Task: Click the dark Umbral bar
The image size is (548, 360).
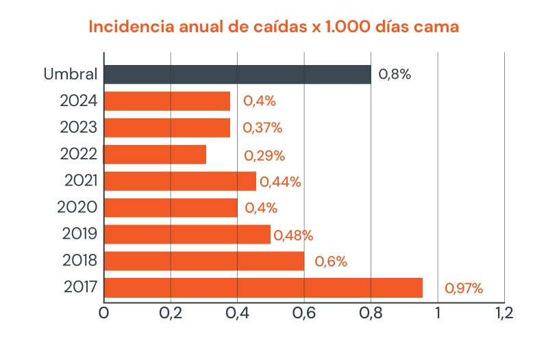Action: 237,75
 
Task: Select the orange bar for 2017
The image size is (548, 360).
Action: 263,287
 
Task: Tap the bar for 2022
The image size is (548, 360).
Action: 155,155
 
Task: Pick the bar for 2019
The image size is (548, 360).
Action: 187,234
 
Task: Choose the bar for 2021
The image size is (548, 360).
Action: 179,181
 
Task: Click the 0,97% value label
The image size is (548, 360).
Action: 464,289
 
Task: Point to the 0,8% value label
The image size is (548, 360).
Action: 395,75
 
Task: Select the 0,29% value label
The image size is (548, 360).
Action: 264,155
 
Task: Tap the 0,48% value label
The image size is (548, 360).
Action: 293,235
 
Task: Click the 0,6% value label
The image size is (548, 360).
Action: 331,261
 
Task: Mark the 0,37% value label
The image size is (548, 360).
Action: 262,128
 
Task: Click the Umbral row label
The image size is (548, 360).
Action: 71,75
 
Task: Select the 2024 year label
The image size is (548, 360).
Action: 79,101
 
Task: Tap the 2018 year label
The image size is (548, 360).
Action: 80,261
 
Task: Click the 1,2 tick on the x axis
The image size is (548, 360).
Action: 503,313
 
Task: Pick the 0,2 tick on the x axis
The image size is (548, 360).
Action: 170,313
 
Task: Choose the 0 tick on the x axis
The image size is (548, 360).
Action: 104,313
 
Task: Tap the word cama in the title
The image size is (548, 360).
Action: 436,28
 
